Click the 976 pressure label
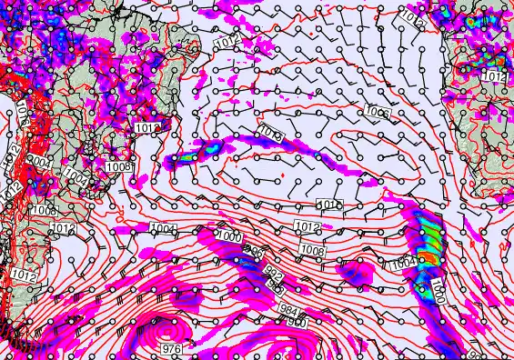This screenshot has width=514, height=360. tap(170, 349)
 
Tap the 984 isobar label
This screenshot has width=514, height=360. tap(287, 310)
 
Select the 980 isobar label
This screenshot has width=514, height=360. tap(299, 320)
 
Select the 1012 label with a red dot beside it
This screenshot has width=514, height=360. tap(146, 128)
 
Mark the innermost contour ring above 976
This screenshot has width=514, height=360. tap(168, 326)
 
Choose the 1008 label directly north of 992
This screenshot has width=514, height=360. tap(312, 249)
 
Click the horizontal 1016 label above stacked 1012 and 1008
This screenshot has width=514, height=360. tap(331, 204)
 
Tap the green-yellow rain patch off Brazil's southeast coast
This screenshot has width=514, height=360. tap(189, 159)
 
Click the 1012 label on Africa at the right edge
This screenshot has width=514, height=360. tap(493, 76)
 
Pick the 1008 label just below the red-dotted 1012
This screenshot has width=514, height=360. tap(118, 167)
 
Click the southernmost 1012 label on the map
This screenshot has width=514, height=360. tap(25, 274)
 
